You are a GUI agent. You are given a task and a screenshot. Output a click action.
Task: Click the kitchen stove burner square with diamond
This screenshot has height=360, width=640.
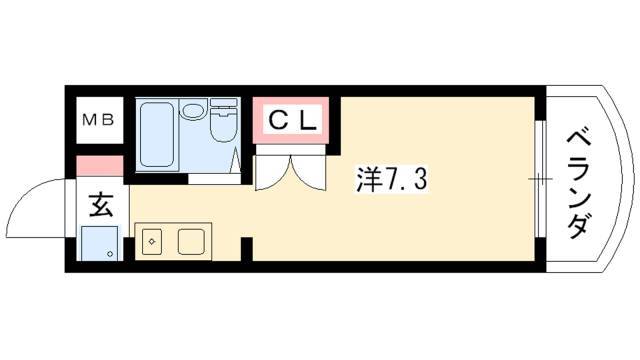coord(152,241)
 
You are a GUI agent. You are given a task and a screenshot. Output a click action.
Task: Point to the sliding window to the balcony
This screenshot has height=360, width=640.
coord(540,180)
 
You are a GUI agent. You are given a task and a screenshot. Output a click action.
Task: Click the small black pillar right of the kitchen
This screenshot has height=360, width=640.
coord(246,247)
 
